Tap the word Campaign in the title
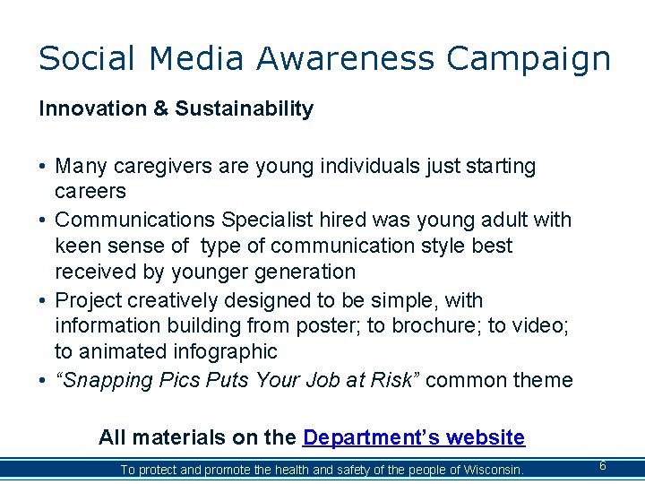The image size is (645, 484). tap(529, 59)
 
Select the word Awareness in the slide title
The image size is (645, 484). tap(346, 58)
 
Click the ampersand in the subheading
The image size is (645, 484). tap(160, 109)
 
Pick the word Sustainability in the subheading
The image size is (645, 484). tap(244, 109)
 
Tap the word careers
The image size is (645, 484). tap(90, 192)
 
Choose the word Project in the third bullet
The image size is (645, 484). tap(89, 300)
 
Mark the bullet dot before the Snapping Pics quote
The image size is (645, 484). tap(43, 381)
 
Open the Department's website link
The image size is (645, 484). tap(414, 437)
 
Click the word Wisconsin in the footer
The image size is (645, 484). tap(491, 470)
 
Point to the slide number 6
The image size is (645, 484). tap(603, 466)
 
